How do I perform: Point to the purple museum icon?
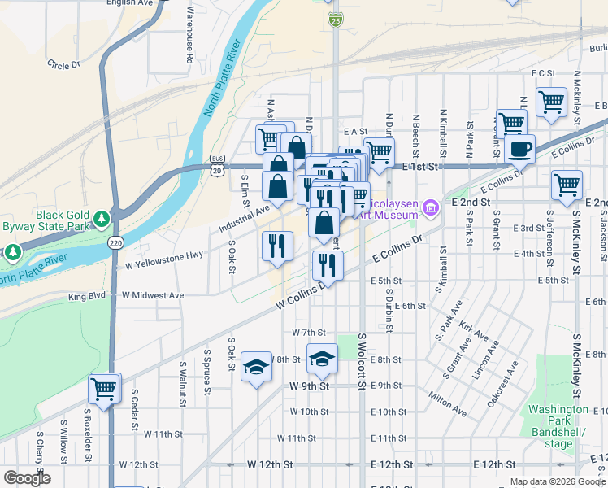430,209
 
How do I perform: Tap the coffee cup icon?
519,149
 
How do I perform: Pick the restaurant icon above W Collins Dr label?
327,264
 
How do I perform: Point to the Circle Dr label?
64,63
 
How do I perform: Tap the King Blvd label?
86,297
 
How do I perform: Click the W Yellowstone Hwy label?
163,260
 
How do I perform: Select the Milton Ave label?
446,404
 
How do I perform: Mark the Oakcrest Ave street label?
502,385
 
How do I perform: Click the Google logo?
27,477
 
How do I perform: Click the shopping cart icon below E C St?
551,102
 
